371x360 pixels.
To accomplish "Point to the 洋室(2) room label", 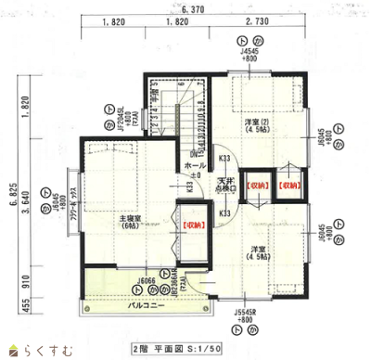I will point(257,124).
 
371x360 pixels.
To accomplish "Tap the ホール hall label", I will point(195,165).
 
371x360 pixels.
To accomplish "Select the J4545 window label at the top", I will point(249,53).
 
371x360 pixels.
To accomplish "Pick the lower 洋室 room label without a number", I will point(259,251).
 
